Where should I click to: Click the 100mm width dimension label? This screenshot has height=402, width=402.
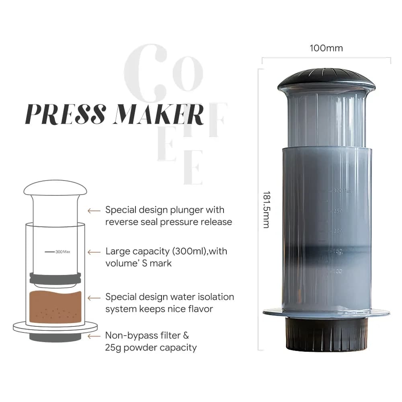click(326, 48)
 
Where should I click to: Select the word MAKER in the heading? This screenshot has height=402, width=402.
click(159, 114)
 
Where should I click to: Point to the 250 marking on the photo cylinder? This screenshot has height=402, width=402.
click(337, 211)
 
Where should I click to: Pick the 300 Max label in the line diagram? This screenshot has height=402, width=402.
click(63, 252)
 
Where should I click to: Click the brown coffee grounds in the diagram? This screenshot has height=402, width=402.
click(55, 308)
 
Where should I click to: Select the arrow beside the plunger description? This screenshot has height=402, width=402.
click(94, 210)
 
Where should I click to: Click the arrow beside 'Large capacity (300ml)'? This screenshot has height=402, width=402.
click(94, 252)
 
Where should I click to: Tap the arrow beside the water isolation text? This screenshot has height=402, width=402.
click(94, 298)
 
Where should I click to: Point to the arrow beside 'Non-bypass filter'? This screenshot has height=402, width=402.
click(94, 336)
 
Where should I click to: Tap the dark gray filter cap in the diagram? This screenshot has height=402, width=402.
click(55, 337)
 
